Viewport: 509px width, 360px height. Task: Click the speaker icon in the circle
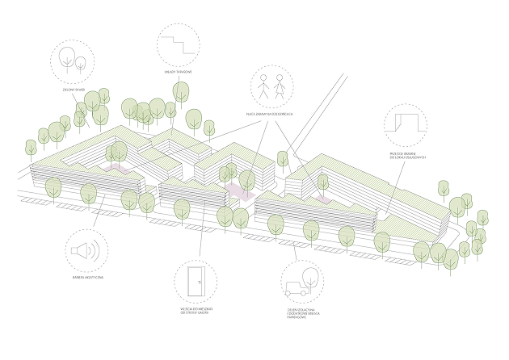(84, 251)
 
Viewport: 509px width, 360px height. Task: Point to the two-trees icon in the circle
(73, 60)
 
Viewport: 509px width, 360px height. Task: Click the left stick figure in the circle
(263, 84)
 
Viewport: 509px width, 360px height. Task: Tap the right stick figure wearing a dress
(280, 84)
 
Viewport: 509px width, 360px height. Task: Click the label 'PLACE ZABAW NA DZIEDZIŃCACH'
(270, 115)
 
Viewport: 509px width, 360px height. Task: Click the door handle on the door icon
(200, 283)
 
